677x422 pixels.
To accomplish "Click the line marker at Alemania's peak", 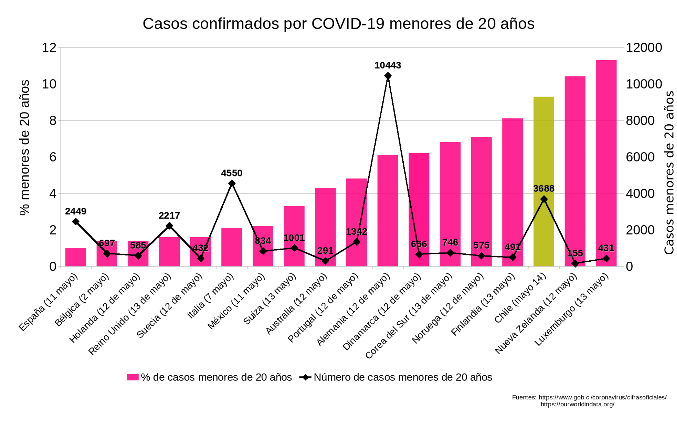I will pyautogui.click(x=388, y=76).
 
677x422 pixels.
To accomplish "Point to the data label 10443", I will pyautogui.click(x=387, y=65).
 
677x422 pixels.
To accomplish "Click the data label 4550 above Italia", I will pyautogui.click(x=232, y=173).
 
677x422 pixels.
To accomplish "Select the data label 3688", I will pyautogui.click(x=544, y=189).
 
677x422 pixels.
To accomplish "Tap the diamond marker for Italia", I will pyautogui.click(x=232, y=183).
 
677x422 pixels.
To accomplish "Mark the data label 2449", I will pyautogui.click(x=76, y=211).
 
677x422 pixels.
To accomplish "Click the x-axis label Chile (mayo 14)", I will pyautogui.click(x=520, y=298).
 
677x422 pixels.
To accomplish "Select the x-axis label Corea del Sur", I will pyautogui.click(x=409, y=316).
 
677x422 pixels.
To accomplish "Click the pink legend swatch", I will pyautogui.click(x=133, y=377).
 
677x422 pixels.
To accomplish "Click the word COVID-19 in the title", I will pyautogui.click(x=348, y=24).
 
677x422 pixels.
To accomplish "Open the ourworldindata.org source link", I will pyautogui.click(x=577, y=404).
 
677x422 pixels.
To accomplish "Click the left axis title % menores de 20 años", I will pyautogui.click(x=25, y=148).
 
